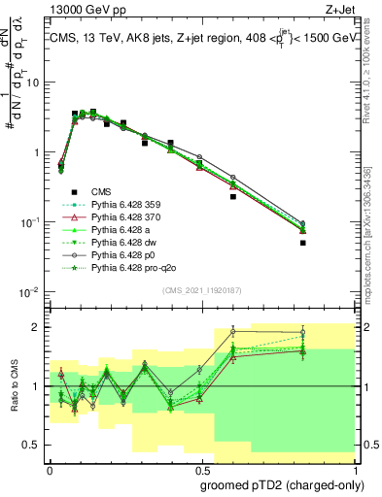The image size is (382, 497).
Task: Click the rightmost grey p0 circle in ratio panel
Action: click(330, 333)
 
